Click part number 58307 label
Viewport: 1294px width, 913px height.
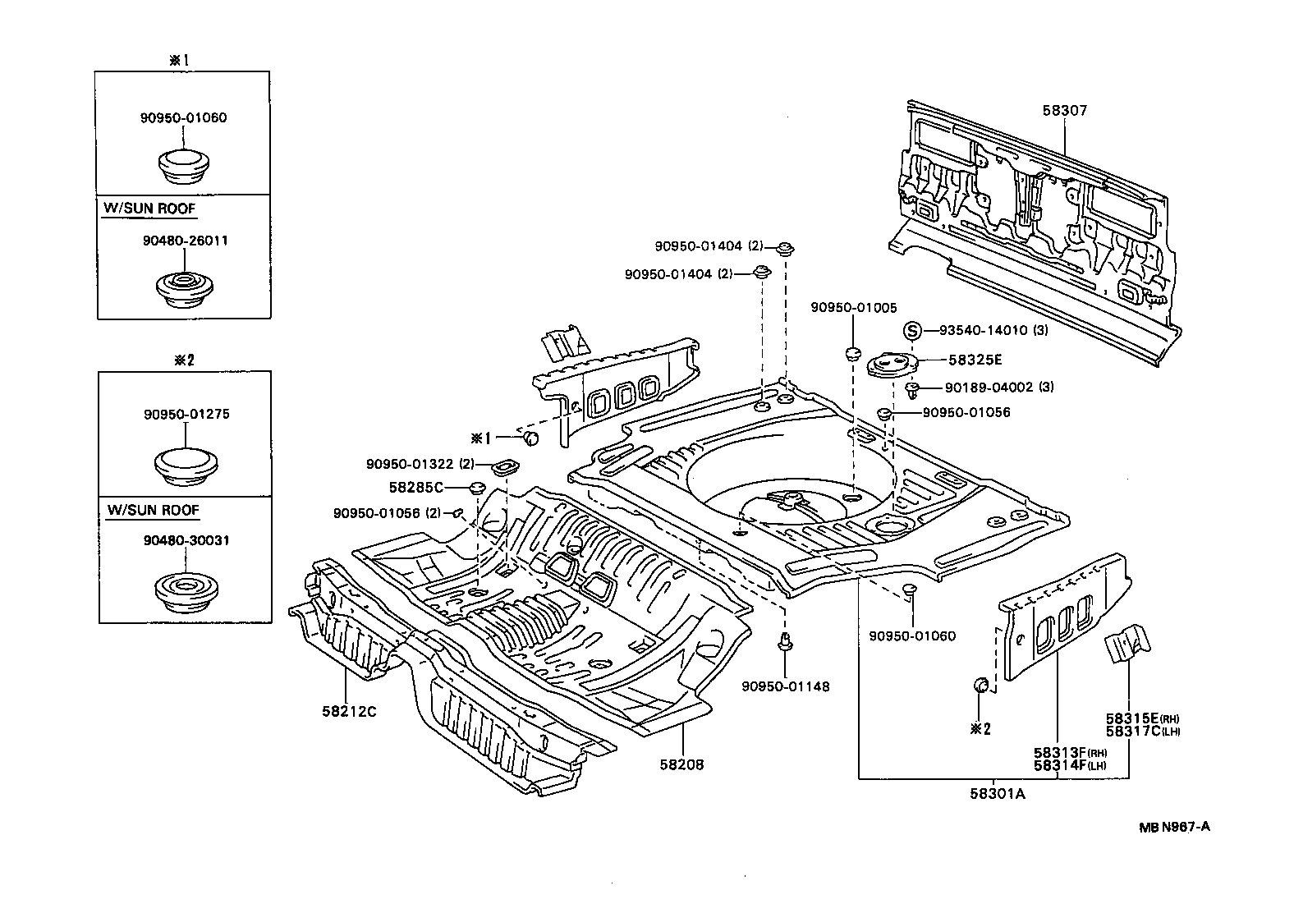pyautogui.click(x=1066, y=110)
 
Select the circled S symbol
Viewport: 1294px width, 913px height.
pyautogui.click(x=912, y=331)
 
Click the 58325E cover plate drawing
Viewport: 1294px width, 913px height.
pyautogui.click(x=892, y=364)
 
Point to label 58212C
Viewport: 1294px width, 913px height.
pyautogui.click(x=348, y=711)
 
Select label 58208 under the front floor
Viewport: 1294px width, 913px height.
pyautogui.click(x=681, y=764)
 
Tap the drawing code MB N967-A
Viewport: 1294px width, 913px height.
pyautogui.click(x=1173, y=827)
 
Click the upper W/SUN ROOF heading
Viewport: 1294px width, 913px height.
pyautogui.click(x=149, y=209)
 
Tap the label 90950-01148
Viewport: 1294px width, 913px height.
pyautogui.click(x=785, y=686)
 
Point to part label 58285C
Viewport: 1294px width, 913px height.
pyautogui.click(x=415, y=487)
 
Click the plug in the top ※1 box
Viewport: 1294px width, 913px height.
pyautogui.click(x=184, y=167)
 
